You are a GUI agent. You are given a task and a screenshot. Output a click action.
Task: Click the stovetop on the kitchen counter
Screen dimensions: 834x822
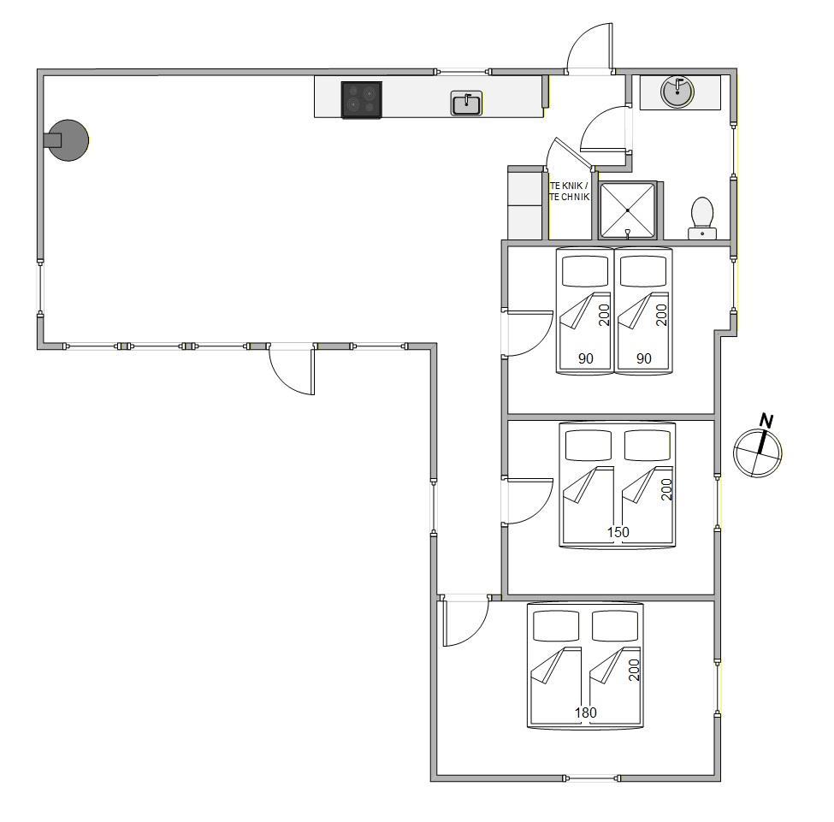[362, 99]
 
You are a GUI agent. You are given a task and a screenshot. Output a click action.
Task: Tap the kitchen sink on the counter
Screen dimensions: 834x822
[466, 103]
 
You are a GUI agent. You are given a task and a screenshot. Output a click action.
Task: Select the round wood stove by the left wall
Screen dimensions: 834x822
[67, 140]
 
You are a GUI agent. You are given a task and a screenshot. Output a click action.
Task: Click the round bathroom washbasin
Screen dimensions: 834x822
[677, 92]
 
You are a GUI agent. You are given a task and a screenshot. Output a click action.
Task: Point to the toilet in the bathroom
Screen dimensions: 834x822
[702, 218]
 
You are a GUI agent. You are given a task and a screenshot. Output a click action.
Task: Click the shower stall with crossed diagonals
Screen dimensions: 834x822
[628, 210]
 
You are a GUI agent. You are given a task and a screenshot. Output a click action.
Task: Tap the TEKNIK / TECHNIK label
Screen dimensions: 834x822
[570, 192]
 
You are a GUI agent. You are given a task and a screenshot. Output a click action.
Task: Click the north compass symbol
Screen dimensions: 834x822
[757, 452]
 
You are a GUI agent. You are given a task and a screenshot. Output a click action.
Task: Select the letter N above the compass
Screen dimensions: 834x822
[766, 420]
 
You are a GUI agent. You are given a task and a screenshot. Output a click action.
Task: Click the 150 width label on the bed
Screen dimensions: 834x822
[618, 531]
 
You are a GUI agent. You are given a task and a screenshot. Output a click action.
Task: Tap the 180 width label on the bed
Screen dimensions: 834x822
[586, 712]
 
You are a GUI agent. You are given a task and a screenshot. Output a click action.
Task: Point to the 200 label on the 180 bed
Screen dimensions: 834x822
[634, 670]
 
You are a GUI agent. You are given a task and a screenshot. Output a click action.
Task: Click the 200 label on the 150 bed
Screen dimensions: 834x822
[666, 489]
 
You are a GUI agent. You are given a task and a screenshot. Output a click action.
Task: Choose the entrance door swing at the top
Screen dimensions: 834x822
[590, 47]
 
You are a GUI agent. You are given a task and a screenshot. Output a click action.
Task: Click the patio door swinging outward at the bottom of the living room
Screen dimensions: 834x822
[292, 370]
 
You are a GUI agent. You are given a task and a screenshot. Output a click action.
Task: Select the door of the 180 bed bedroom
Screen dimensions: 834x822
[466, 621]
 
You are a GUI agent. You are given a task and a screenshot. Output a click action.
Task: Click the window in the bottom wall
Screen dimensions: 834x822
[591, 778]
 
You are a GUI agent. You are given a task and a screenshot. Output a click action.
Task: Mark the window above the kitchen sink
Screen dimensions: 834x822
[462, 72]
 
